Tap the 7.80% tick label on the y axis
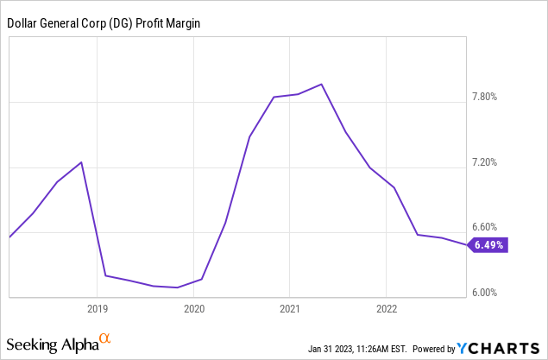pyautogui.click(x=486, y=97)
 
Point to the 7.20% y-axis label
pyautogui.click(x=486, y=162)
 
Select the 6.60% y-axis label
pyautogui.click(x=486, y=228)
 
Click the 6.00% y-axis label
pyautogui.click(x=486, y=293)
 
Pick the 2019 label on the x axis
pyautogui.click(x=98, y=307)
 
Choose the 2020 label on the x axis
pyautogui.click(x=193, y=307)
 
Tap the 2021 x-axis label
pyautogui.click(x=289, y=307)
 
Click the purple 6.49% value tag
pyautogui.click(x=488, y=245)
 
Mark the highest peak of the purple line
pyautogui.click(x=322, y=84)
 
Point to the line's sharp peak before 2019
pyautogui.click(x=82, y=162)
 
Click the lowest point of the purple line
pyautogui.click(x=177, y=287)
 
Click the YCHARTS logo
pyautogui.click(x=500, y=348)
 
